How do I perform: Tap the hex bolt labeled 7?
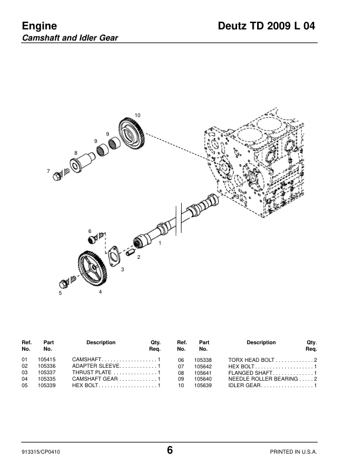click(61, 174)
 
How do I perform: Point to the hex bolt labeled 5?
click(67, 282)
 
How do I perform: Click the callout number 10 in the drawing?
click(137, 115)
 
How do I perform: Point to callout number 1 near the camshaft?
click(160, 243)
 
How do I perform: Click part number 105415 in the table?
click(46, 360)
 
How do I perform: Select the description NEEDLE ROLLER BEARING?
click(263, 379)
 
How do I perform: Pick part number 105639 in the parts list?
click(203, 385)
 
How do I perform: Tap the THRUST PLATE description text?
click(92, 372)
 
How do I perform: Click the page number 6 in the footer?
click(169, 450)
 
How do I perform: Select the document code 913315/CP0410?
click(41, 452)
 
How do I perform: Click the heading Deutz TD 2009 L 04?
click(266, 26)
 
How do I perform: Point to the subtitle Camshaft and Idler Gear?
click(70, 38)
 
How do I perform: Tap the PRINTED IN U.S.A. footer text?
click(294, 452)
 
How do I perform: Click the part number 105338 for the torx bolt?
click(203, 360)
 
